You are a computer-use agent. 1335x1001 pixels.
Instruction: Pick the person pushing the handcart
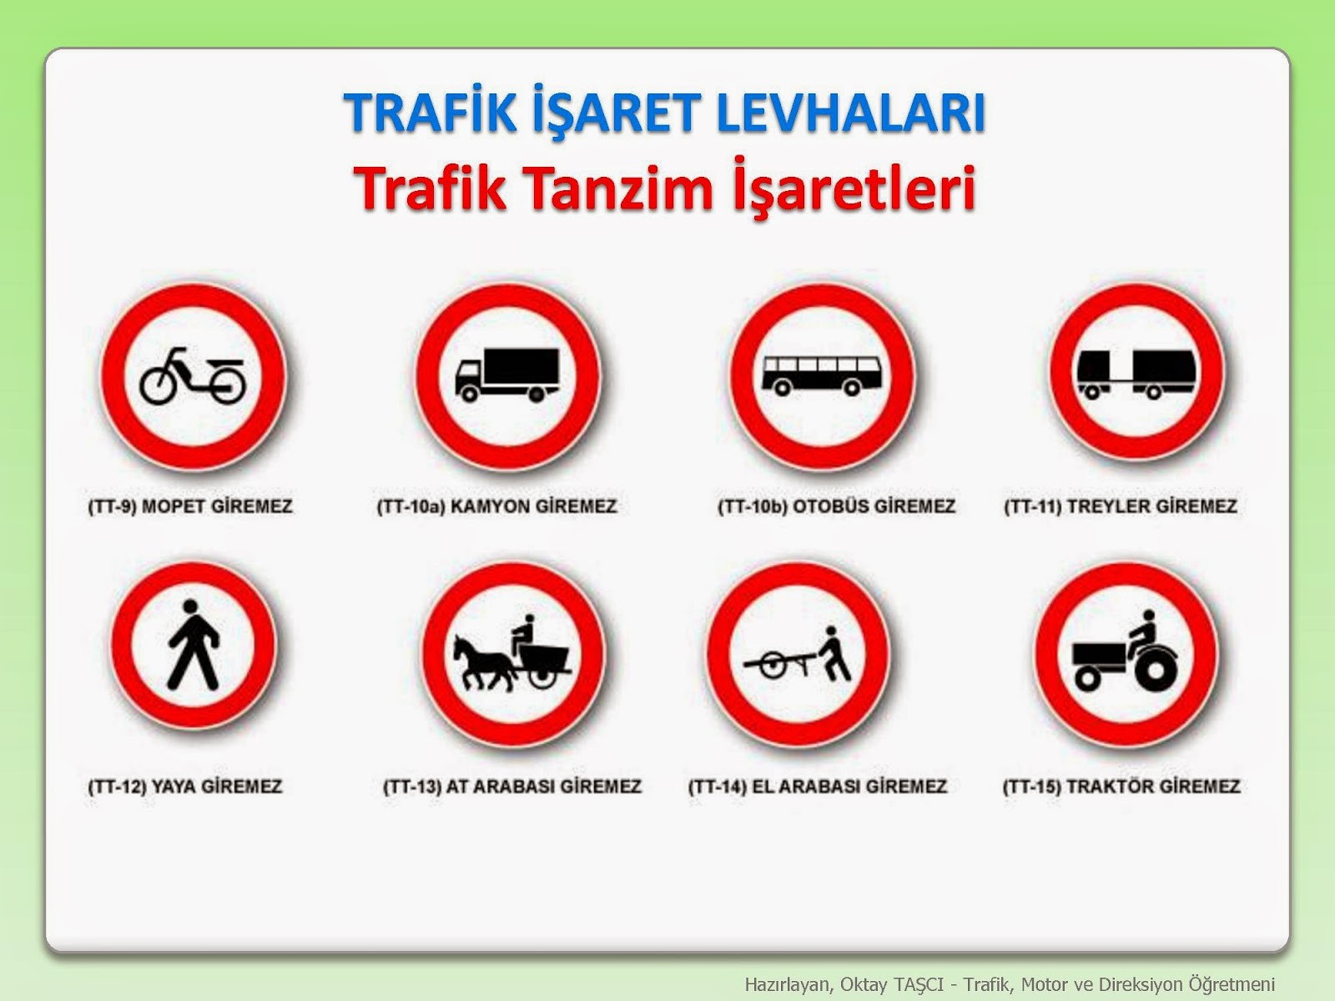(836, 655)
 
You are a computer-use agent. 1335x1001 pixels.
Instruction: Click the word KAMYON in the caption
(489, 506)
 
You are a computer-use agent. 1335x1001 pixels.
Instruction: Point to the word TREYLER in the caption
(1108, 506)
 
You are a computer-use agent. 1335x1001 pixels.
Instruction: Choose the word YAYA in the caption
(173, 787)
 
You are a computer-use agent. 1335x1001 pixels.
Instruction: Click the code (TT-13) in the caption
(411, 787)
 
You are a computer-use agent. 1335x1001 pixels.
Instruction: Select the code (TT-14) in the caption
(717, 787)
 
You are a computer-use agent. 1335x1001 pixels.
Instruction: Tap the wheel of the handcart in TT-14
(773, 665)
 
